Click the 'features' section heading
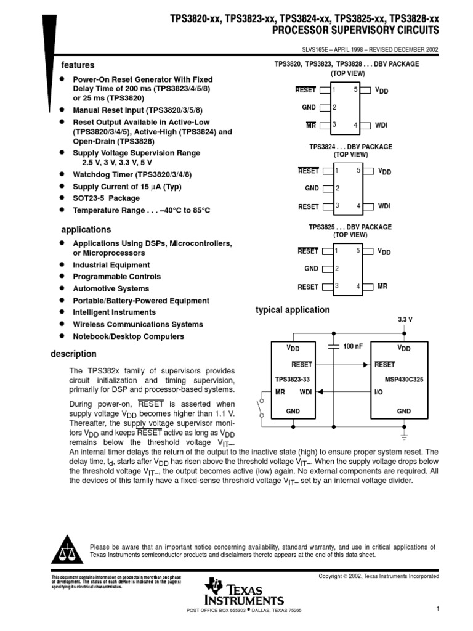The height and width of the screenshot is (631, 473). [77, 65]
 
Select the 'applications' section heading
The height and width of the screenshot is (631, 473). [86, 230]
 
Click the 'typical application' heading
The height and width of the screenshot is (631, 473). [293, 310]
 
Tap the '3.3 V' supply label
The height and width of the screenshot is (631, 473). [405, 320]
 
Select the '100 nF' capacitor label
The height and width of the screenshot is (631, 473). [353, 347]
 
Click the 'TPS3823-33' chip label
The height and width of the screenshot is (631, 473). [293, 380]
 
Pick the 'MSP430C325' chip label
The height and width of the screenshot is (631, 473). [403, 380]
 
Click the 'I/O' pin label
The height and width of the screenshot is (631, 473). [379, 392]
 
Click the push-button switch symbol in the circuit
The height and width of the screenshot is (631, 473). [262, 409]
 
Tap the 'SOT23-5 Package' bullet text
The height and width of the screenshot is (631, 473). [106, 198]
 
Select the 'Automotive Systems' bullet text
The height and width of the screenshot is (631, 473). [111, 288]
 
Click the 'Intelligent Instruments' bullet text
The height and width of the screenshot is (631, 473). [114, 312]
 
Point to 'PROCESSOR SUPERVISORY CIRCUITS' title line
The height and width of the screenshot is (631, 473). [355, 30]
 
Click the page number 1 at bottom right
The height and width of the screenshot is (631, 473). [437, 609]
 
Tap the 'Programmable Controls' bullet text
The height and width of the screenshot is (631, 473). [116, 277]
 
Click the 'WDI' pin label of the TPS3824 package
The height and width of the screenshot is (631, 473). [384, 206]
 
